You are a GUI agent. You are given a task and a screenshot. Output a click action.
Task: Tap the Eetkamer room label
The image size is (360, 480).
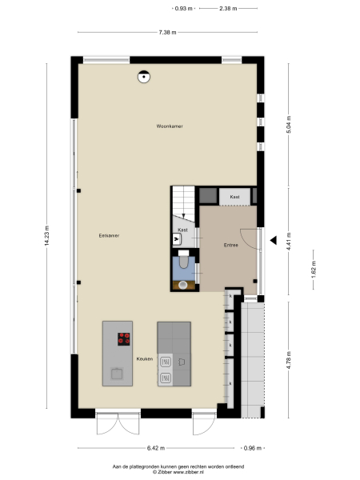109,235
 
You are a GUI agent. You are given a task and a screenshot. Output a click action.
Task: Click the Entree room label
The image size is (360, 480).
230,245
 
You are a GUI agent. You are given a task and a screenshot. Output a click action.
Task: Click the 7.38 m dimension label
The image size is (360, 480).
167,32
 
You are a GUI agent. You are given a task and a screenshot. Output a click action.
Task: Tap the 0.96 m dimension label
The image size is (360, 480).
252,449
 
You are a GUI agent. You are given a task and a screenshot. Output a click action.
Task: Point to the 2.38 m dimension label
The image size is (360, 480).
228,8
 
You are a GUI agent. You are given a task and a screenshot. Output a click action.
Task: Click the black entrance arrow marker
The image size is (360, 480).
274,239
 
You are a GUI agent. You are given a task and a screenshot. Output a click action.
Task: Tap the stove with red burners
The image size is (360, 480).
124,338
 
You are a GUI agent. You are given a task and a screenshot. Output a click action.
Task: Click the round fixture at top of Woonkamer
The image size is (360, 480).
143,77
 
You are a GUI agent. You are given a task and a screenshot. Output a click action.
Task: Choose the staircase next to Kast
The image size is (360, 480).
183,203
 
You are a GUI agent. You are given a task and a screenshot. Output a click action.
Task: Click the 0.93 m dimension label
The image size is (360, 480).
184,8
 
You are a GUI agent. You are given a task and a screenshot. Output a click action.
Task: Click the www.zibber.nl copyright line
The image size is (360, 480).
179,472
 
